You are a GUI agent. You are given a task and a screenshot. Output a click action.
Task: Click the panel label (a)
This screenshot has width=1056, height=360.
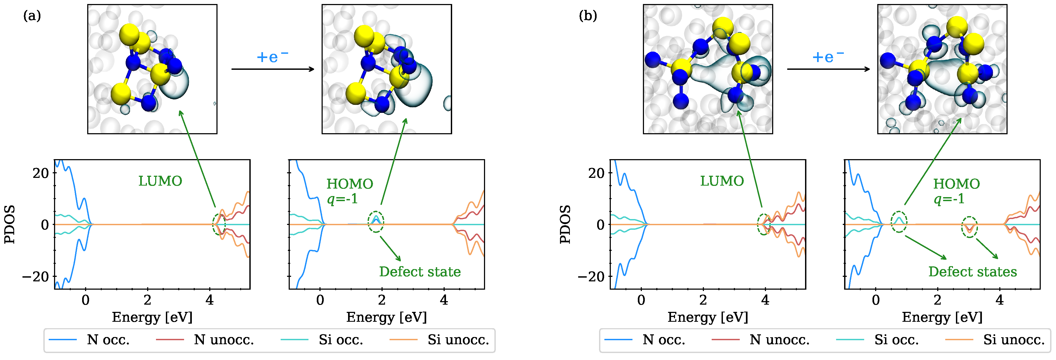pyautogui.click(x=32, y=16)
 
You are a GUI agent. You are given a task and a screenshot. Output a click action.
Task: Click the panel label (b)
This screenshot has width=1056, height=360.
pyautogui.click(x=588, y=16)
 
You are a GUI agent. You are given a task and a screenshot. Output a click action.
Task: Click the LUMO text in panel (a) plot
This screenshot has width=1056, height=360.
pyautogui.click(x=160, y=181)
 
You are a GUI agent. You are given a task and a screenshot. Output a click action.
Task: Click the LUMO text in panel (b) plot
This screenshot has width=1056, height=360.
pyautogui.click(x=722, y=181)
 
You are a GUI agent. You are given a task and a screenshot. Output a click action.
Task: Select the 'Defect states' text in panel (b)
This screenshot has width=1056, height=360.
pyautogui.click(x=972, y=271)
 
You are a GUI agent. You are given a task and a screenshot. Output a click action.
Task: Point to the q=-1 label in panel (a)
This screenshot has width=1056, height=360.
pyautogui.click(x=342, y=199)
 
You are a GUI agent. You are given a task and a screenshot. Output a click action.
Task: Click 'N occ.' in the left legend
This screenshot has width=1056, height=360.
pyautogui.click(x=108, y=340)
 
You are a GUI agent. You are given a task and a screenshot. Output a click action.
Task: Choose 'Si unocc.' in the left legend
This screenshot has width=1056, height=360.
pyautogui.click(x=458, y=340)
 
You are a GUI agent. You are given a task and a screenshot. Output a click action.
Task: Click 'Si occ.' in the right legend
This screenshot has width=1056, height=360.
pyautogui.click(x=896, y=340)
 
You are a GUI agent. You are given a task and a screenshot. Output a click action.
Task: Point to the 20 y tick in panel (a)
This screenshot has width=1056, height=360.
pyautogui.click(x=41, y=173)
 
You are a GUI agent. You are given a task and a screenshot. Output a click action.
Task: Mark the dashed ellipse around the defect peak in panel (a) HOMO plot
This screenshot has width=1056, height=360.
pyautogui.click(x=376, y=222)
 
